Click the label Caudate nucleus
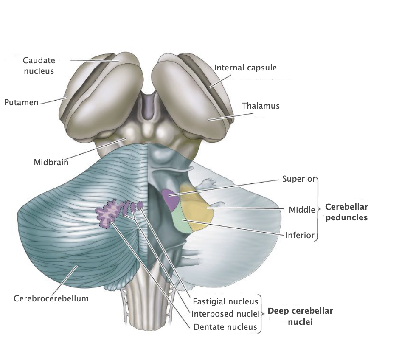click(x=39, y=66)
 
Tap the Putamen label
click(x=21, y=102)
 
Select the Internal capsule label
click(x=245, y=67)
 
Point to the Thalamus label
click(x=261, y=106)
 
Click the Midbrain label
click(x=51, y=162)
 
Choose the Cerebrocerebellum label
click(x=51, y=298)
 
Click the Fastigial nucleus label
click(x=225, y=301)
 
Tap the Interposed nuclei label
click(x=225, y=314)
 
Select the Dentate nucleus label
click(x=225, y=327)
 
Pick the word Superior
click(x=298, y=179)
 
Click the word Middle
click(x=302, y=209)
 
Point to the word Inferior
click(x=300, y=235)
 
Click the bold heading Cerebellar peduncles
click(x=346, y=212)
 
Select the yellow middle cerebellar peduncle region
click(x=194, y=206)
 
